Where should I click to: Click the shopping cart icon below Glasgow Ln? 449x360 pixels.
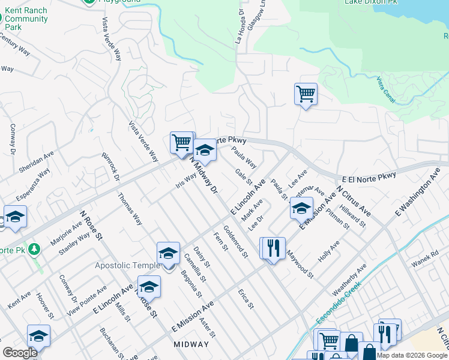(306, 94)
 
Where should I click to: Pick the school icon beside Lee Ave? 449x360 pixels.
(302, 208)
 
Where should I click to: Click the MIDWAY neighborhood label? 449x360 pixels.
(191, 344)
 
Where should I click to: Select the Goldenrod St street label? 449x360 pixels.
(235, 241)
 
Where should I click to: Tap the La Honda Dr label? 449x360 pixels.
(240, 28)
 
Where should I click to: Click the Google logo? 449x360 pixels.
(20, 353)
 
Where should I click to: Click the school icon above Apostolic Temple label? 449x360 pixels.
(169, 253)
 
